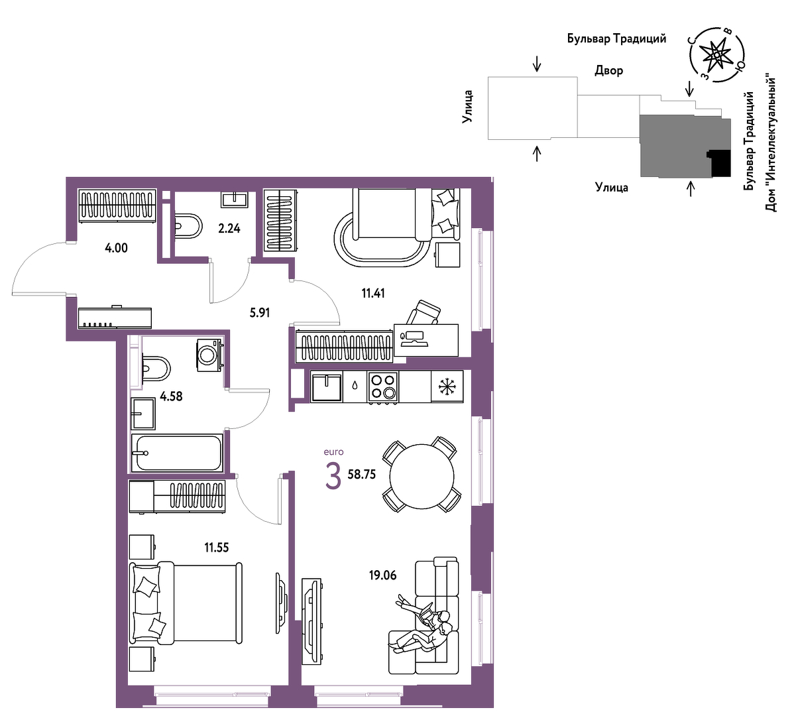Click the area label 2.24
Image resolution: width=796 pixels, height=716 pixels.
tap(229, 228)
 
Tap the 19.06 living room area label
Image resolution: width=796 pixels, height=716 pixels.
tap(382, 575)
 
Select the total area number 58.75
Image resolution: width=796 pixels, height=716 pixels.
tap(361, 474)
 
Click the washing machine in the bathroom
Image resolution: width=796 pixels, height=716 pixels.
tap(209, 355)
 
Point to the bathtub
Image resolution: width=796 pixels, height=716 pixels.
tap(176, 453)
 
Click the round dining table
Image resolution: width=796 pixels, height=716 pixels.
tap(422, 476)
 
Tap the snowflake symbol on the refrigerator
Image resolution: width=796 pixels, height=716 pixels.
tap(447, 386)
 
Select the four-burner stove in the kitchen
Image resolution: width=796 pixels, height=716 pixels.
tap(383, 387)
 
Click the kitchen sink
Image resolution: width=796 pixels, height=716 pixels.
tap(326, 387)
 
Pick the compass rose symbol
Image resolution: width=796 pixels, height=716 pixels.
tap(716, 54)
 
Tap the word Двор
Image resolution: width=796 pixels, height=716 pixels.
tap(608, 71)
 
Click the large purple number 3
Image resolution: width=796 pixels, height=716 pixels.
tap(333, 477)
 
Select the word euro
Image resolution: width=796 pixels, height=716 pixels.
tap(333, 451)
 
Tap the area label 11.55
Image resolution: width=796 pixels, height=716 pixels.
tap(216, 548)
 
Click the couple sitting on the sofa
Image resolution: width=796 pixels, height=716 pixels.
tap(424, 631)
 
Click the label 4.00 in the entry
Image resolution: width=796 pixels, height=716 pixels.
tap(116, 248)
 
